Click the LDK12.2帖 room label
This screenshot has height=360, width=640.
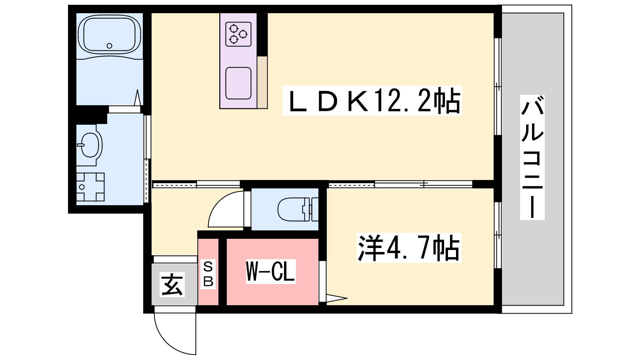[372, 100]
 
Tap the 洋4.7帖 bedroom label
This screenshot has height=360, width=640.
[408, 248]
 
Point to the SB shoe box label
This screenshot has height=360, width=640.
[208, 274]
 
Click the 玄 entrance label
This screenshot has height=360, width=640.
[172, 284]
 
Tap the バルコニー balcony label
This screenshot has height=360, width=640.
[532, 158]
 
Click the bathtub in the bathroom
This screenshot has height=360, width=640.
[109, 34]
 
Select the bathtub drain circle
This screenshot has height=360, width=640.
[109, 46]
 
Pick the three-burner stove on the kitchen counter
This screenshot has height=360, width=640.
[238, 34]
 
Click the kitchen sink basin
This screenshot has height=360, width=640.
[238, 84]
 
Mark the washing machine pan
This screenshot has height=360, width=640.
[90, 187]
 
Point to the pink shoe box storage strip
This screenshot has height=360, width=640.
[208, 272]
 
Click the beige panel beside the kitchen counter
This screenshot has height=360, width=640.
[262, 82]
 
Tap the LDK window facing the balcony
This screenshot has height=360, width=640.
[498, 86]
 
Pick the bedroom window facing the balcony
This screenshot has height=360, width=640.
[498, 235]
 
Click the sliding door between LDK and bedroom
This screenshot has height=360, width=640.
[400, 184]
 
